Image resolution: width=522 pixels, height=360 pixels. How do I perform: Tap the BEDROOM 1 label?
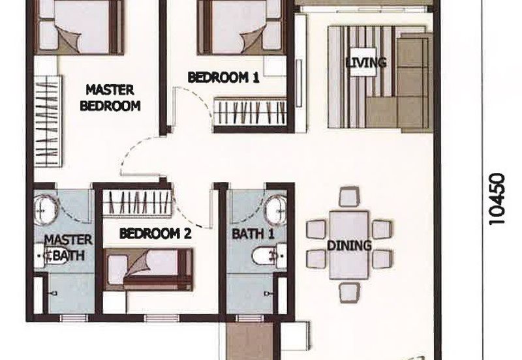point(223,78)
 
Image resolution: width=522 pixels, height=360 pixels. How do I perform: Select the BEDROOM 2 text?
point(155,233)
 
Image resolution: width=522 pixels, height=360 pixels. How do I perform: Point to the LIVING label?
point(365,63)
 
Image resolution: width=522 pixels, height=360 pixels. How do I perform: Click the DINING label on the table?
point(349,246)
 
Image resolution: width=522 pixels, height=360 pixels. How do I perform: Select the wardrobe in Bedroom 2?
point(138,202)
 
